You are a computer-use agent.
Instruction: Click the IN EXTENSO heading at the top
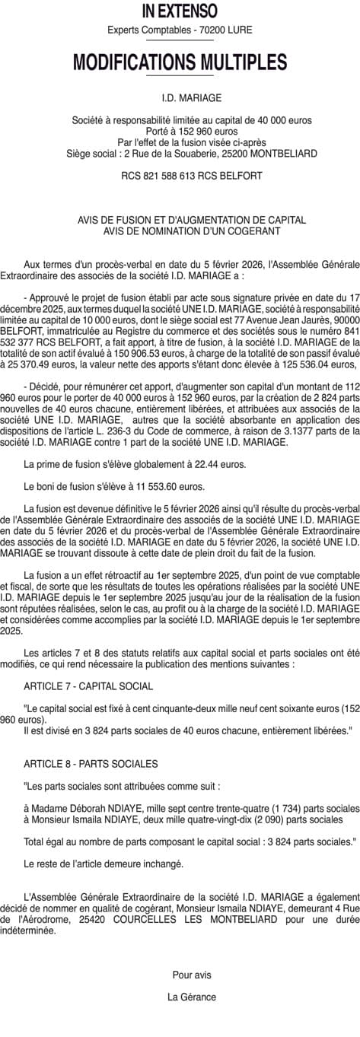(180, 11)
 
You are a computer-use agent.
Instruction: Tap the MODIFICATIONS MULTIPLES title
(180, 62)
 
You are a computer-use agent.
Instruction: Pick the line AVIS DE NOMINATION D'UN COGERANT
(180, 231)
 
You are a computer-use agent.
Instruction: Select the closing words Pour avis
(192, 975)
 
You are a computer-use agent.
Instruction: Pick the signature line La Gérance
(192, 997)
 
